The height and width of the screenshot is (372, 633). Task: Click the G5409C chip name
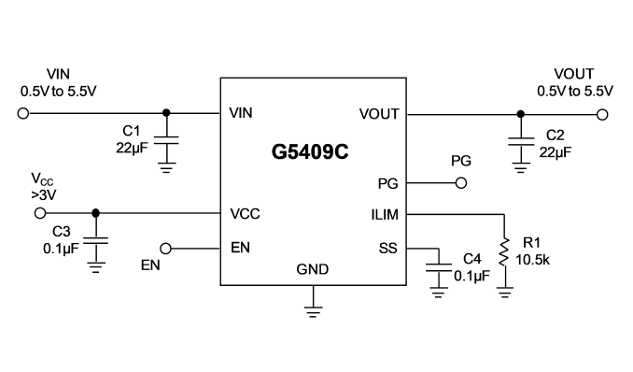[310, 152]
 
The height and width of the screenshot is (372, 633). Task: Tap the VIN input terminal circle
[23, 114]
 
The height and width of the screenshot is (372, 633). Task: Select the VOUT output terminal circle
[602, 115]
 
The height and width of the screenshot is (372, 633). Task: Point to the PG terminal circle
[461, 183]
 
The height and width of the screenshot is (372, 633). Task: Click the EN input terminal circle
[165, 249]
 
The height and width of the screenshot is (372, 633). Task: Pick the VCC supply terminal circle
[40, 213]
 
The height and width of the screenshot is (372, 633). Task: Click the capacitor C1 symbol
[166, 140]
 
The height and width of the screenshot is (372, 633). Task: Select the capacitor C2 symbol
[521, 141]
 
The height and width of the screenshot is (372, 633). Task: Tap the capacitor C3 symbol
[95, 241]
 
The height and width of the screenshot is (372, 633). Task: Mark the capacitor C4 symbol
[439, 268]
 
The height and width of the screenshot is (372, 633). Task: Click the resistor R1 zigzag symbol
[504, 252]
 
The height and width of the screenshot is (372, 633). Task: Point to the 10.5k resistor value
[532, 260]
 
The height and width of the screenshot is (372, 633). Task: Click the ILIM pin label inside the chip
[385, 215]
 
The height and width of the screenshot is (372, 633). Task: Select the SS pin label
[388, 249]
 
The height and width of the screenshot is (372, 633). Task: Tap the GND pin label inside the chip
[313, 269]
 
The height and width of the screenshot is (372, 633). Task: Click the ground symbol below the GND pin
[314, 312]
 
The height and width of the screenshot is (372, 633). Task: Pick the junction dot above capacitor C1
[166, 113]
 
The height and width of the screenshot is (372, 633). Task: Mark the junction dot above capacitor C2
[521, 114]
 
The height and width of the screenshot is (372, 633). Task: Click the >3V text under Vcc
[44, 195]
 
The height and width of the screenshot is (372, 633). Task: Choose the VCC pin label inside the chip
[245, 214]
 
